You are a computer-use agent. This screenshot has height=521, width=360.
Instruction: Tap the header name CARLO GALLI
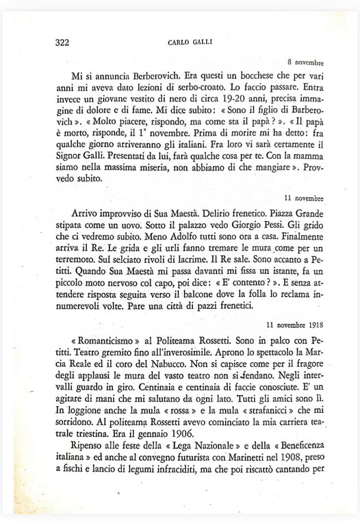tap(190, 42)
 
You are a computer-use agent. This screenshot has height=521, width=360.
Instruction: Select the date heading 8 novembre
tap(305, 62)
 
